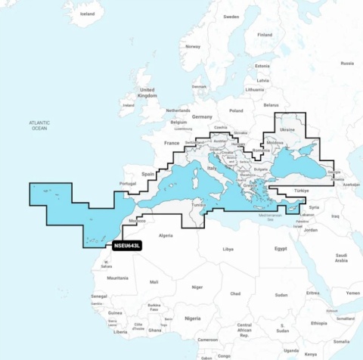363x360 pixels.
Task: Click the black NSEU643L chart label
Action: coord(126,245)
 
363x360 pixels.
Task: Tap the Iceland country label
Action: coord(88,14)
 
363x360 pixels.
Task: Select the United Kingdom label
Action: coord(147,93)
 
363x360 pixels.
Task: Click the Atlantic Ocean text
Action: coord(39,126)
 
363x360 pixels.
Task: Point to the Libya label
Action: coord(228,248)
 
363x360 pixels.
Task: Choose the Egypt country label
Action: coord(281,248)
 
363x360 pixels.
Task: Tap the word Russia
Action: coord(347,64)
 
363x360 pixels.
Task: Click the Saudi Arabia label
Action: coord(340,257)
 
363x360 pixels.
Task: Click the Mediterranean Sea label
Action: coord(270,216)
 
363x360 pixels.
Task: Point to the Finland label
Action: coord(264,35)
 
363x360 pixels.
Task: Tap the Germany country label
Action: coord(202,117)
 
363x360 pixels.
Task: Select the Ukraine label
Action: coord(287,130)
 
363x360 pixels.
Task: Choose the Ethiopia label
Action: coord(319,323)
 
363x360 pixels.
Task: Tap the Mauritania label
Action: coord(117,278)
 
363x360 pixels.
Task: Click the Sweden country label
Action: coord(231,17)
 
